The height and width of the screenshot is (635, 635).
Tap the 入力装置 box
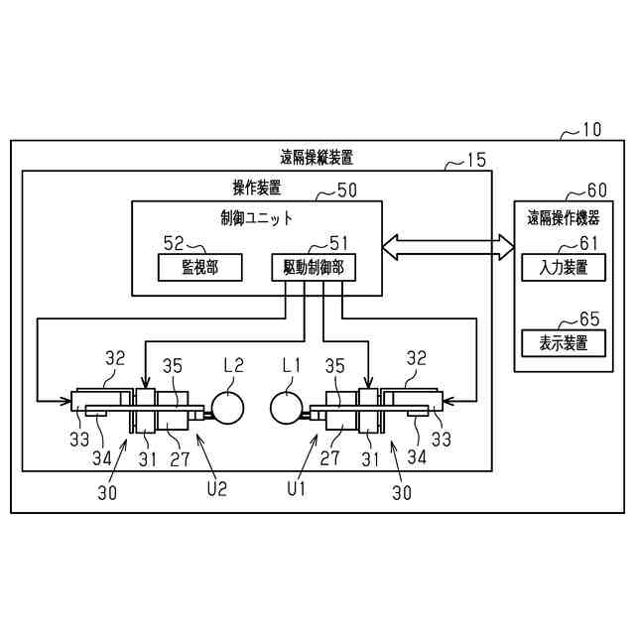click(x=556, y=267)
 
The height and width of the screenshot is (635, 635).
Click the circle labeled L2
click(x=229, y=407)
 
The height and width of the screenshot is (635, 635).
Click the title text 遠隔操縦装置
click(x=317, y=157)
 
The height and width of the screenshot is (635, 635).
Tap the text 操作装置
click(x=256, y=187)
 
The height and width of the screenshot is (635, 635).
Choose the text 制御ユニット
click(x=257, y=217)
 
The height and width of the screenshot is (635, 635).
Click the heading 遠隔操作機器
click(x=564, y=218)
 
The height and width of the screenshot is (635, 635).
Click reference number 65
click(x=589, y=319)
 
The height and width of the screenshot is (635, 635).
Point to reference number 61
click(x=588, y=242)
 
